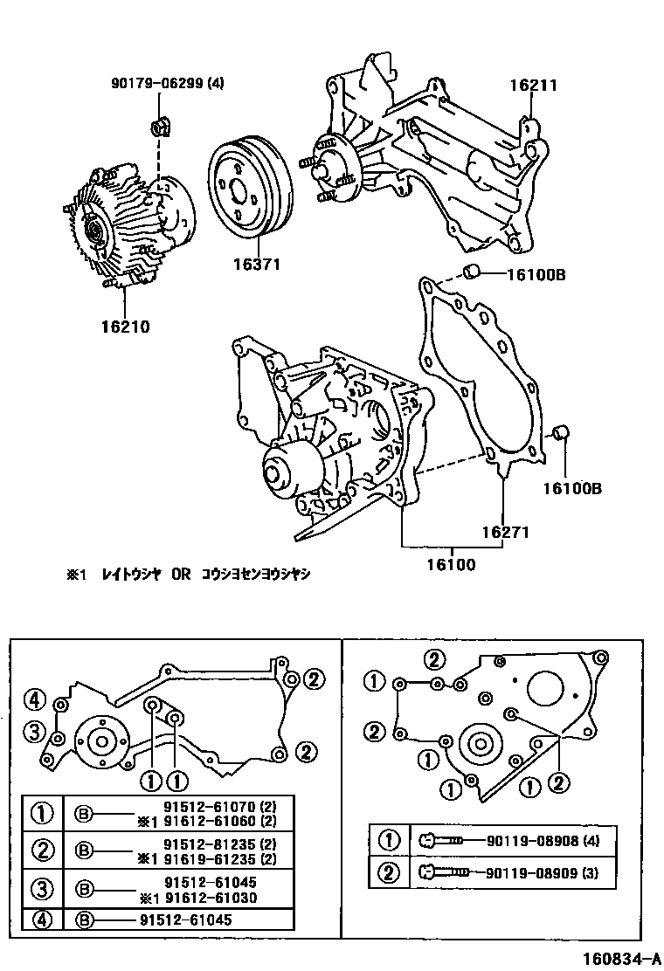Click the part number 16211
[x=533, y=86]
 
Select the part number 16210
[x=125, y=327]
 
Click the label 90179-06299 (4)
[x=168, y=84]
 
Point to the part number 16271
[x=504, y=531]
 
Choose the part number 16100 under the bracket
[x=451, y=565]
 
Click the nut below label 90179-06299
[x=160, y=128]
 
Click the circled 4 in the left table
[x=42, y=919]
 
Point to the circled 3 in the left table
[x=42, y=889]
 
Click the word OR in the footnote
[x=180, y=575]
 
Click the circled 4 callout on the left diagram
[x=35, y=699]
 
